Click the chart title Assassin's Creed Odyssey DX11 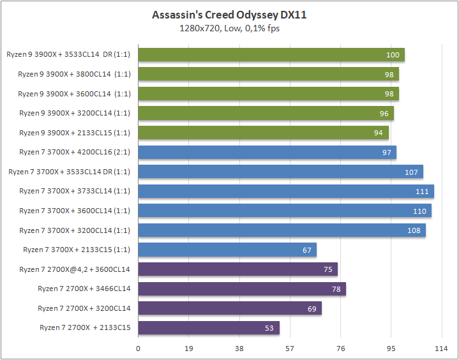tap(229, 15)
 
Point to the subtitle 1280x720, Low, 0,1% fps tap(229, 28)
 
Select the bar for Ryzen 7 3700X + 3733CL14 tap(286, 191)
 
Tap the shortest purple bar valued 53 tap(209, 328)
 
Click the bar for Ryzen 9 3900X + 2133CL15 tap(263, 133)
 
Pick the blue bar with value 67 tap(227, 250)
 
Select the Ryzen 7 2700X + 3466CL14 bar tap(242, 289)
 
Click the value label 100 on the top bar tap(393, 55)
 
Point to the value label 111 tap(422, 191)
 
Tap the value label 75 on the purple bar tap(327, 269)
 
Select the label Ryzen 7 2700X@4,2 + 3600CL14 tap(75, 269)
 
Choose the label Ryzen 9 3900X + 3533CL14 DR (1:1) tap(68, 55)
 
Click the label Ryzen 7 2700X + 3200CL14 tap(84, 308)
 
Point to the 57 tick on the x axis tap(290, 349)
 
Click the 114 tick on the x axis tap(441, 349)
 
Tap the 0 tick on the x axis tap(138, 349)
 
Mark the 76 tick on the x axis tap(340, 349)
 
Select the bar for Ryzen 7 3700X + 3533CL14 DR tap(280, 172)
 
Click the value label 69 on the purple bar tap(312, 308)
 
